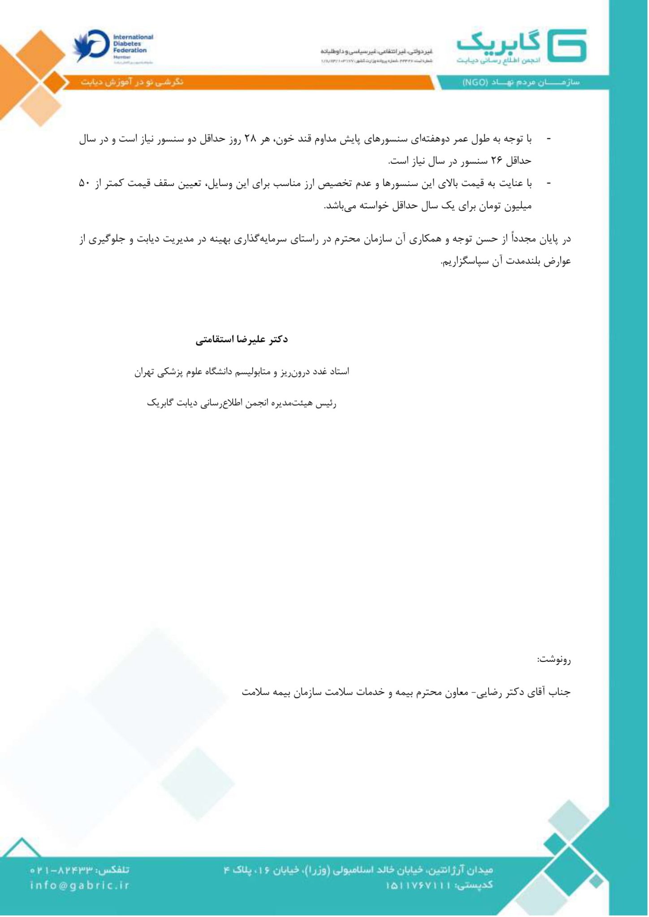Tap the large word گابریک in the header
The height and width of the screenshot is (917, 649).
pos(499,43)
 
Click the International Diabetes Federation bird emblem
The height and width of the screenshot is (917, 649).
pos(91,46)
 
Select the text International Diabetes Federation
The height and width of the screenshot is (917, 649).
pos(133,44)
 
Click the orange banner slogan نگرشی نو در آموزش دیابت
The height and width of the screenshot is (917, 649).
pos(132,82)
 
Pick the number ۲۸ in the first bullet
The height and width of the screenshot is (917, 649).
pos(250,139)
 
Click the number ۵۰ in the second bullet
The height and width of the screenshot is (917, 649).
pos(85,183)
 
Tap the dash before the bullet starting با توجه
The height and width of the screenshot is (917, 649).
pos(548,139)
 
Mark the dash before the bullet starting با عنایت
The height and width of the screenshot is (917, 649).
pos(548,183)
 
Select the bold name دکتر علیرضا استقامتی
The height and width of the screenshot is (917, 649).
pos(242,339)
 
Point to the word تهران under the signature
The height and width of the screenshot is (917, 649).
pos(144,372)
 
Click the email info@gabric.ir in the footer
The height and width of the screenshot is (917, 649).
pos(80,885)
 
